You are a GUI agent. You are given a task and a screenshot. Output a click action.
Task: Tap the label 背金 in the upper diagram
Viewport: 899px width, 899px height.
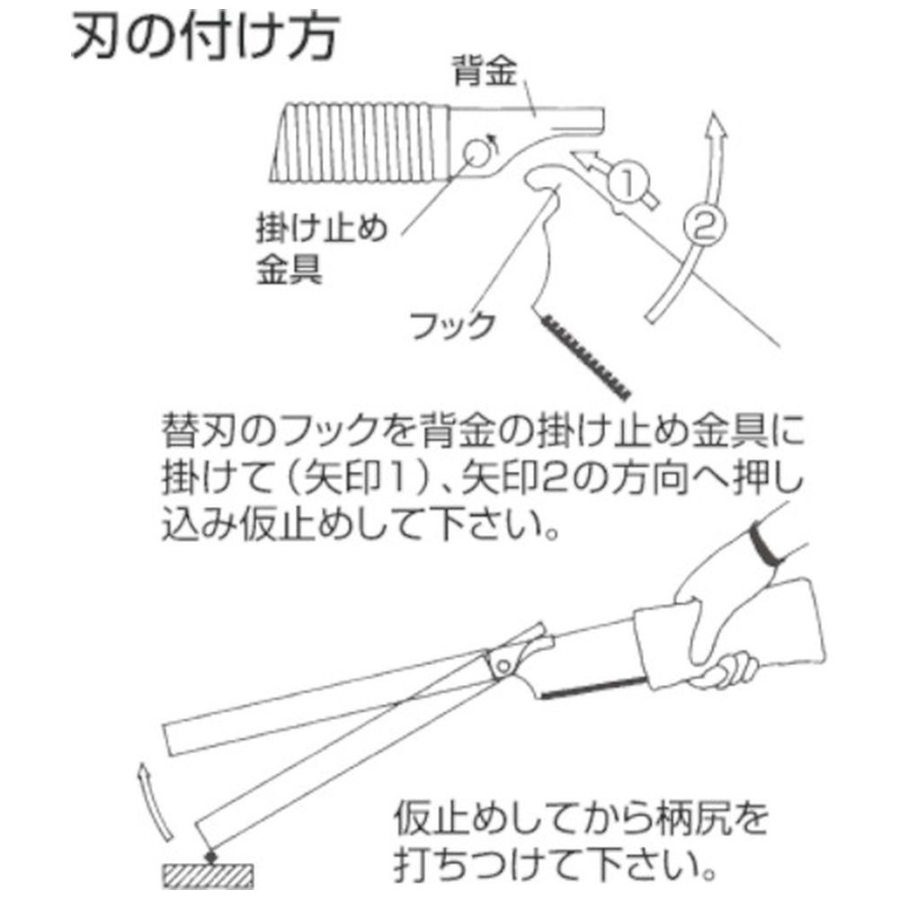tap(485, 71)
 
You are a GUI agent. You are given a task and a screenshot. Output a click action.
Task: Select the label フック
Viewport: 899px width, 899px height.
tap(452, 325)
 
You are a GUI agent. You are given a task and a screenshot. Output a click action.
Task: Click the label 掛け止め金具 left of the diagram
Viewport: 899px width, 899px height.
tap(321, 250)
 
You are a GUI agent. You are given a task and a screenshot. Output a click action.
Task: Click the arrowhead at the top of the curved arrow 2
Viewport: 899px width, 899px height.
tap(715, 125)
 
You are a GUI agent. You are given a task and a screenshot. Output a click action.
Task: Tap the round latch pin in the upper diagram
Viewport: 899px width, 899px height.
tap(477, 152)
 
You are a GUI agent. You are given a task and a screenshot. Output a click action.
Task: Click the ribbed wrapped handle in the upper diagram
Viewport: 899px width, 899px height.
tap(361, 143)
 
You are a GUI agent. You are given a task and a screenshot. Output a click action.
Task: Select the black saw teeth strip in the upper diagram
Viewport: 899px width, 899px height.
tap(584, 356)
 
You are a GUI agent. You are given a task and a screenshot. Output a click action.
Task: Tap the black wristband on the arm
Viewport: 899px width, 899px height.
tap(764, 544)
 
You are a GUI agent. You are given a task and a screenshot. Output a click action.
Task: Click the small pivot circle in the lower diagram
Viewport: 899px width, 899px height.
tap(503, 666)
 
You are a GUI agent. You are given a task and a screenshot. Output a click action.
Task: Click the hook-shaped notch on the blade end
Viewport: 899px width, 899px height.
tap(544, 179)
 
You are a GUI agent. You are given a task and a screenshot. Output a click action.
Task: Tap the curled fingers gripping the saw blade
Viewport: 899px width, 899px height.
tap(728, 669)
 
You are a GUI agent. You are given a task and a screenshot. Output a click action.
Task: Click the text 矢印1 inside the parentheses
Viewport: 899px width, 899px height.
tap(355, 478)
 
